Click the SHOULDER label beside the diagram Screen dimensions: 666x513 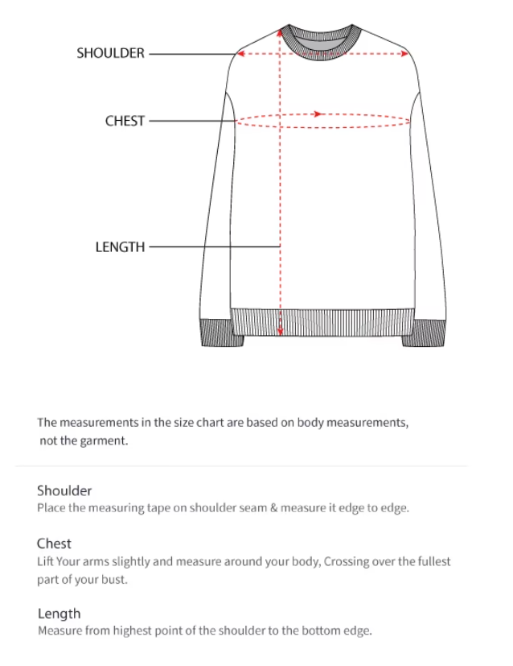[x=110, y=53]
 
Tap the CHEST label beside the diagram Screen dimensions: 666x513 [x=125, y=121]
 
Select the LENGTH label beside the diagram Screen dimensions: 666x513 [x=120, y=247]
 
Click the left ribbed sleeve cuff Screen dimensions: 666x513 [x=221, y=333]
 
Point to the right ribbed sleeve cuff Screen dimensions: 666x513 [x=423, y=333]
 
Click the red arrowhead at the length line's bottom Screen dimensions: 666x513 [x=280, y=331]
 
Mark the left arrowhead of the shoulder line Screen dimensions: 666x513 [x=239, y=54]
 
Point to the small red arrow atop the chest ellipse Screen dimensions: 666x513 [x=318, y=114]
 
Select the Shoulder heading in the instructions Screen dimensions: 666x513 [x=64, y=490]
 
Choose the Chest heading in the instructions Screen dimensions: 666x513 [x=54, y=544]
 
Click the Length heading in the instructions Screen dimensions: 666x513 [x=59, y=614]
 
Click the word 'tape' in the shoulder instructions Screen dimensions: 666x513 [x=148, y=508]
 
